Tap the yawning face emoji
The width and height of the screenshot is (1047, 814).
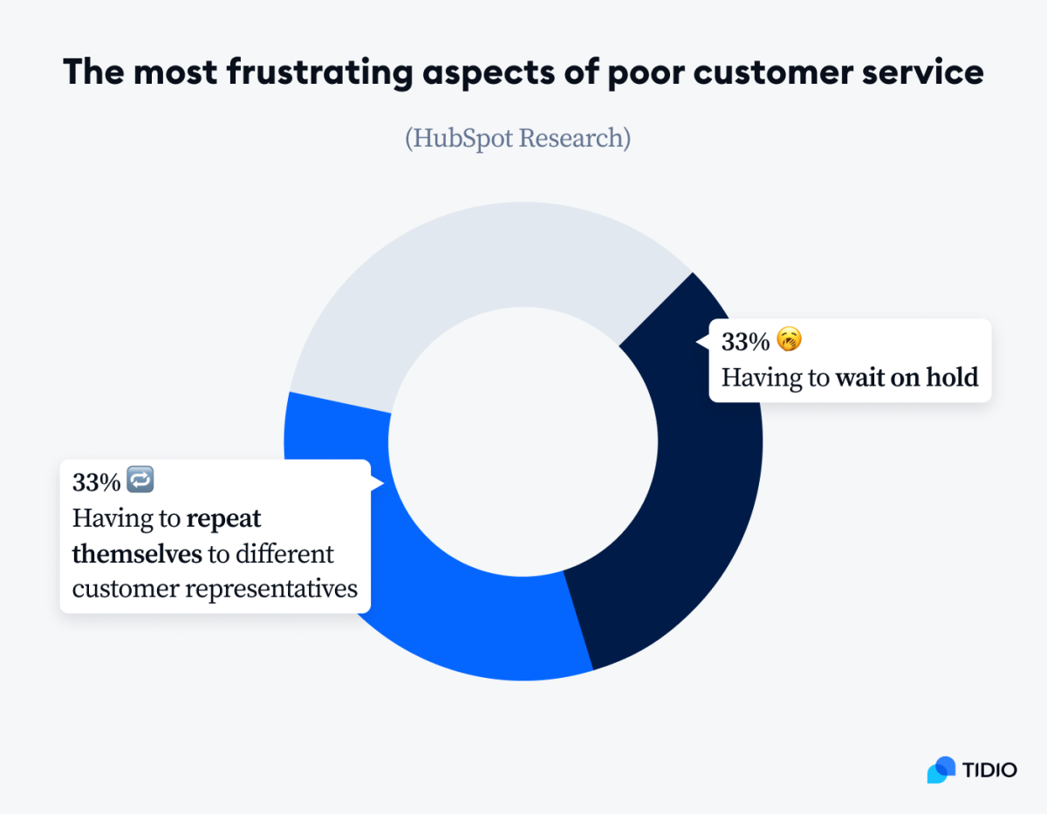[788, 340]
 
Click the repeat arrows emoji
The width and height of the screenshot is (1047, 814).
[140, 480]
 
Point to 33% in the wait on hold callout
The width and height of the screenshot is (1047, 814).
[745, 341]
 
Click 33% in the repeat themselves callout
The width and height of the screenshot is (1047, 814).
[96, 482]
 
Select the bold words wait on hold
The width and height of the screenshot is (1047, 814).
[907, 378]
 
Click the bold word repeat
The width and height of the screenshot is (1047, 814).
[224, 518]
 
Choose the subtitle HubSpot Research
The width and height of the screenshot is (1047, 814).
[517, 138]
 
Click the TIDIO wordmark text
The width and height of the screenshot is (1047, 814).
[990, 770]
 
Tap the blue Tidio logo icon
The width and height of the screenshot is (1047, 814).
[941, 770]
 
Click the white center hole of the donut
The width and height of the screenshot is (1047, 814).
[523, 441]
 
